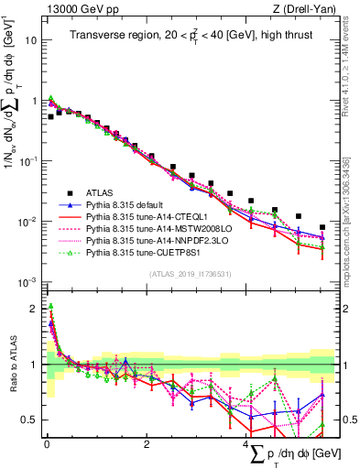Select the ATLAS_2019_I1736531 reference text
click(x=191, y=274)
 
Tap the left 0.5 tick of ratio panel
click(x=28, y=420)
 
